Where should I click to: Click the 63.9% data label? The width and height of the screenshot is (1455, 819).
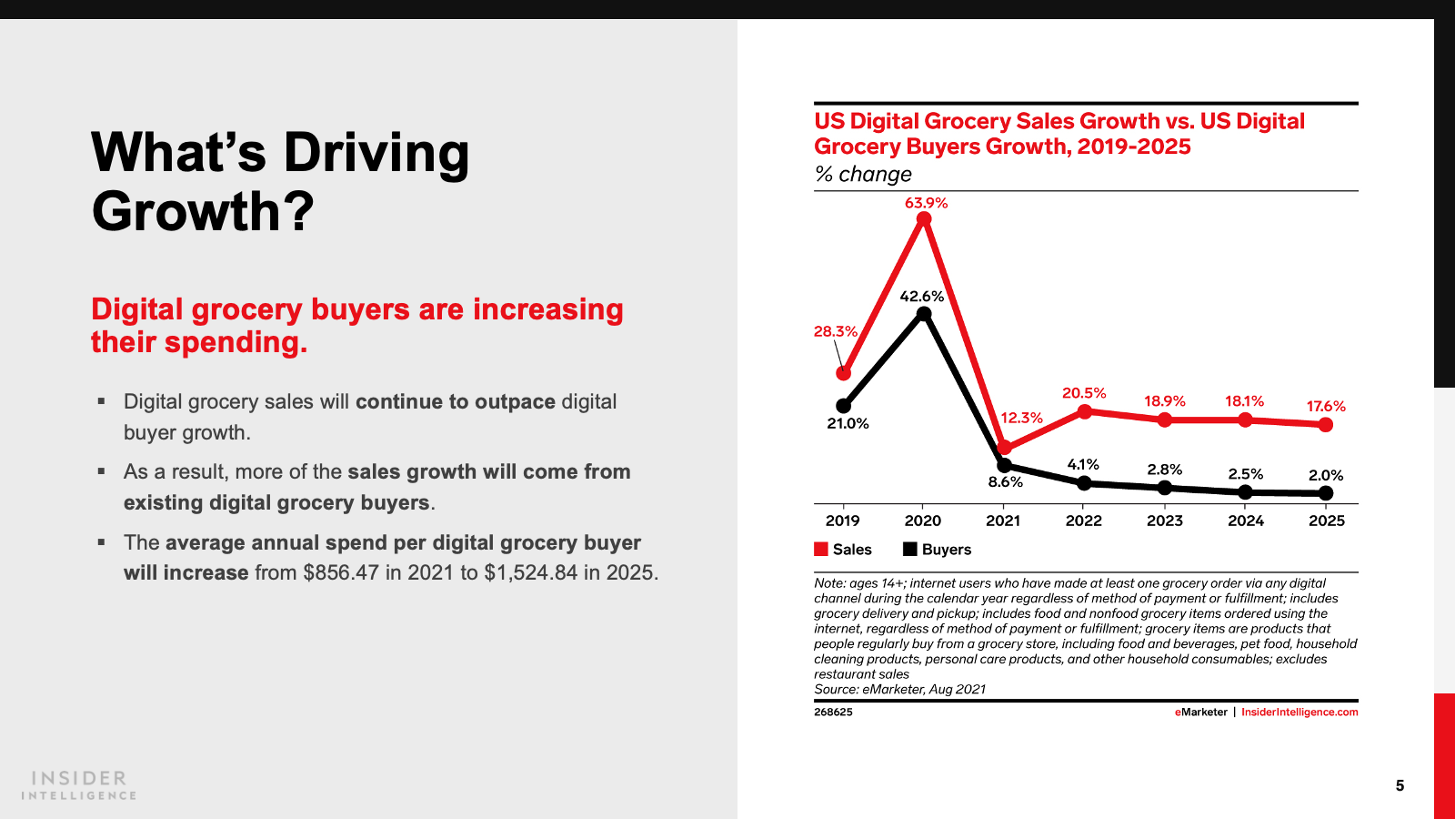(926, 203)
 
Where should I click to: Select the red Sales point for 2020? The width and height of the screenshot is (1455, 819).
(924, 219)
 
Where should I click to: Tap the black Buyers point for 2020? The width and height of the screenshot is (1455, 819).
(924, 314)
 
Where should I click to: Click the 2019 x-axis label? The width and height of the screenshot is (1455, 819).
(842, 521)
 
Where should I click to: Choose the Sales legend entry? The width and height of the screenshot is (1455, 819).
(843, 550)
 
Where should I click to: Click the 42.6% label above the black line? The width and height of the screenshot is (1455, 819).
(922, 297)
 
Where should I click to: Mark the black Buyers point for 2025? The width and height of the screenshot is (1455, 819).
(1326, 493)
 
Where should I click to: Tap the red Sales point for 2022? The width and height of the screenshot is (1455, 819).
(1084, 411)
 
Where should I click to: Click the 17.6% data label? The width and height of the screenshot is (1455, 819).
(1326, 407)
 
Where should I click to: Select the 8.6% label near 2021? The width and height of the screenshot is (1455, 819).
(1006, 482)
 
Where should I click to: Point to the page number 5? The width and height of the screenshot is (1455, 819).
(1400, 785)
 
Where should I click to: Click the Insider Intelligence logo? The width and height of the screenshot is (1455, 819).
(79, 785)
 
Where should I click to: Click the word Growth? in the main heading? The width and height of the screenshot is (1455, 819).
(203, 211)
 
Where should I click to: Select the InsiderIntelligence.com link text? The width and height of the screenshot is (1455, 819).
(1299, 713)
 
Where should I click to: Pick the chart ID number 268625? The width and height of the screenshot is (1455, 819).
(833, 713)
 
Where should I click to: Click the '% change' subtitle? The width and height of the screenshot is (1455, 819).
(863, 174)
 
